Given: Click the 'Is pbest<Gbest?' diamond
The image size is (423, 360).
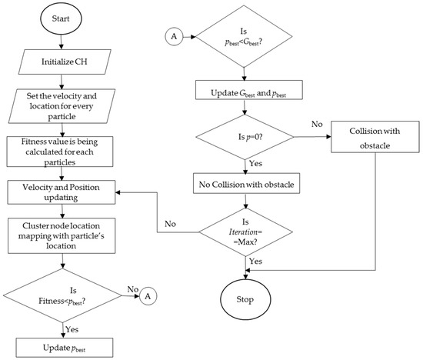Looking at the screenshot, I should pyautogui.click(x=246, y=36).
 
